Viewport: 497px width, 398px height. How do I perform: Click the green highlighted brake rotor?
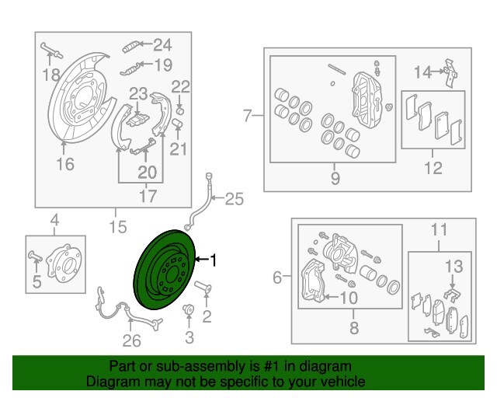[163, 270]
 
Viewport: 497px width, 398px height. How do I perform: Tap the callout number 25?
[235, 199]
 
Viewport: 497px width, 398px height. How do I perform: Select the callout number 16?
[65, 164]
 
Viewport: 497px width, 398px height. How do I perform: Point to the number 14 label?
[422, 72]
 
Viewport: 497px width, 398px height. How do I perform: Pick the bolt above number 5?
[35, 256]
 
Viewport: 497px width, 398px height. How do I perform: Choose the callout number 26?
[132, 340]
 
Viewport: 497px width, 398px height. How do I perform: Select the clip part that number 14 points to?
[451, 73]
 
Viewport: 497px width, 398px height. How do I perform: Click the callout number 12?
[433, 168]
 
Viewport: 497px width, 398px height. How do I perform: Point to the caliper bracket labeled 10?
[313, 280]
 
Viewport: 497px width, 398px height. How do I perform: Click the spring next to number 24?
[131, 47]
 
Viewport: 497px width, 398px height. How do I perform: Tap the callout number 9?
[335, 178]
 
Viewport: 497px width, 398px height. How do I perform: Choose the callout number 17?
[148, 197]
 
